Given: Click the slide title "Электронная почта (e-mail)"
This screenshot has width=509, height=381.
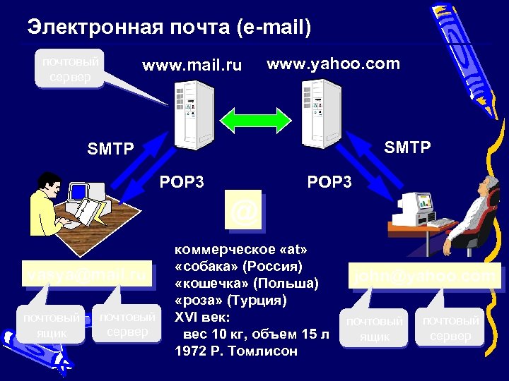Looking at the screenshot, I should pyautogui.click(x=169, y=28).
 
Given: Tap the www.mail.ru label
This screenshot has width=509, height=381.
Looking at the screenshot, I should pyautogui.click(x=192, y=66).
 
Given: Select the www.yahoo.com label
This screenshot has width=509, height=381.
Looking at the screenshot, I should pyautogui.click(x=332, y=64).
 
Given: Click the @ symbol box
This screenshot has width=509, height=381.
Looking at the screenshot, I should pyautogui.click(x=244, y=210).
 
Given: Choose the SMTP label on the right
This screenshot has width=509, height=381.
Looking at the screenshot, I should pyautogui.click(x=407, y=147).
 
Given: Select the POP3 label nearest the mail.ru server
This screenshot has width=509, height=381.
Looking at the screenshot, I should pyautogui.click(x=182, y=182).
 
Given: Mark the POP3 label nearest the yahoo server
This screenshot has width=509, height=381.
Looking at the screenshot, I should pyautogui.click(x=329, y=182).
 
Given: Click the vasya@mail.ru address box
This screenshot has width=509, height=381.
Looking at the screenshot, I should pyautogui.click(x=88, y=274).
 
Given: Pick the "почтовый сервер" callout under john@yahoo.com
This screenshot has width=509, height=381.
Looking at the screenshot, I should pyautogui.click(x=450, y=328).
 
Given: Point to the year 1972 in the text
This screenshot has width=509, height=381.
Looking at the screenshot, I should pyautogui.click(x=192, y=351).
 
